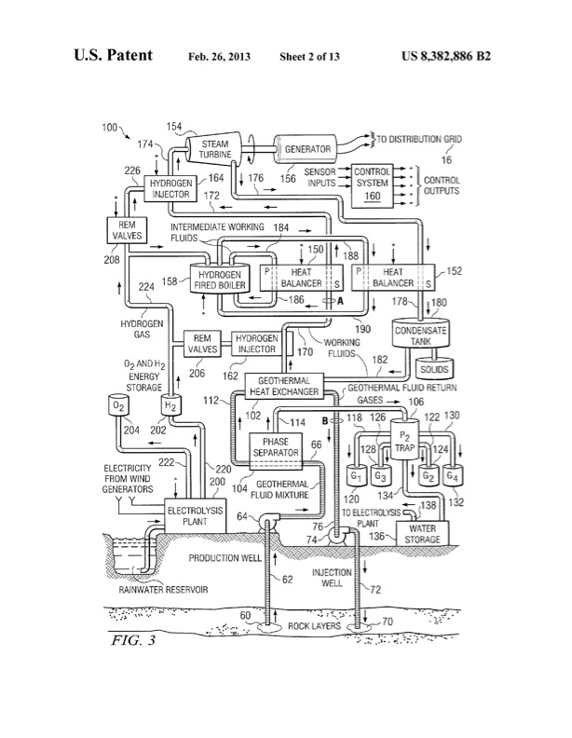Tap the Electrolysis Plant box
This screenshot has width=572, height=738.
pos(194,515)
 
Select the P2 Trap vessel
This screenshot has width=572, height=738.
pos(405,442)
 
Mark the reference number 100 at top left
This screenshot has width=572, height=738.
pos(110,125)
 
